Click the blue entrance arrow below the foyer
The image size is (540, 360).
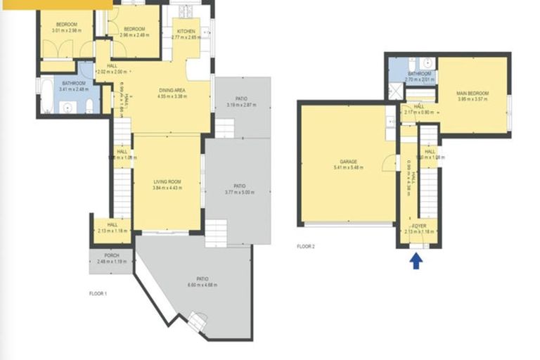click(x=416, y=261)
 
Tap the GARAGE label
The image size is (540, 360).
click(x=345, y=161)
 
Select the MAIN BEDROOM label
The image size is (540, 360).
click(x=472, y=93)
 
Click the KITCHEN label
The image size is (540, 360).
click(x=186, y=32)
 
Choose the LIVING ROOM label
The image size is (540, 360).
click(x=167, y=181)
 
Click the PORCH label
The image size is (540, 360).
click(x=111, y=255)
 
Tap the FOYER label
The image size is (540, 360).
click(x=419, y=226)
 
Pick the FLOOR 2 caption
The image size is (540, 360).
click(x=306, y=247)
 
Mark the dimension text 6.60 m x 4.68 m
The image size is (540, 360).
click(x=202, y=285)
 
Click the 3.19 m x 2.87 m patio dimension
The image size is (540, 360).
click(x=241, y=105)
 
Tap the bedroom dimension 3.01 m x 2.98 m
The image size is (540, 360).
click(x=65, y=31)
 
